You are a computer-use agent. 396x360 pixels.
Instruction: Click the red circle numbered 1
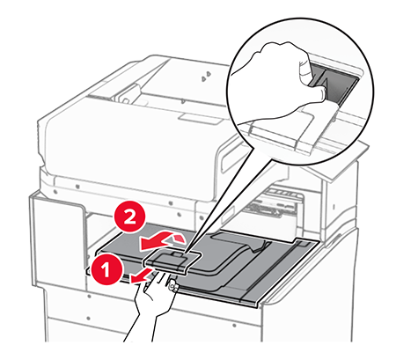[x=106, y=268]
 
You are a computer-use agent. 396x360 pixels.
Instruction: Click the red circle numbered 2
[x=129, y=218]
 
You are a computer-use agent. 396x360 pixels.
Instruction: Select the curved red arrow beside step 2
[x=162, y=239]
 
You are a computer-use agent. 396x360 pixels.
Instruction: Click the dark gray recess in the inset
[x=334, y=85]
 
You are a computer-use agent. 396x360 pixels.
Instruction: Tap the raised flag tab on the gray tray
[x=172, y=261]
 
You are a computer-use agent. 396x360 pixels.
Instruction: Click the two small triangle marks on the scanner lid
[x=206, y=76]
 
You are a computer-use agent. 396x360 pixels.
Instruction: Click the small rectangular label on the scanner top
[x=200, y=119]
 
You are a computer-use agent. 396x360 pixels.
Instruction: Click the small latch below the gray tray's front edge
[x=173, y=285]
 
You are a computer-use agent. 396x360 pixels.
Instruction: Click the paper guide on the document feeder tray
[x=129, y=93]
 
